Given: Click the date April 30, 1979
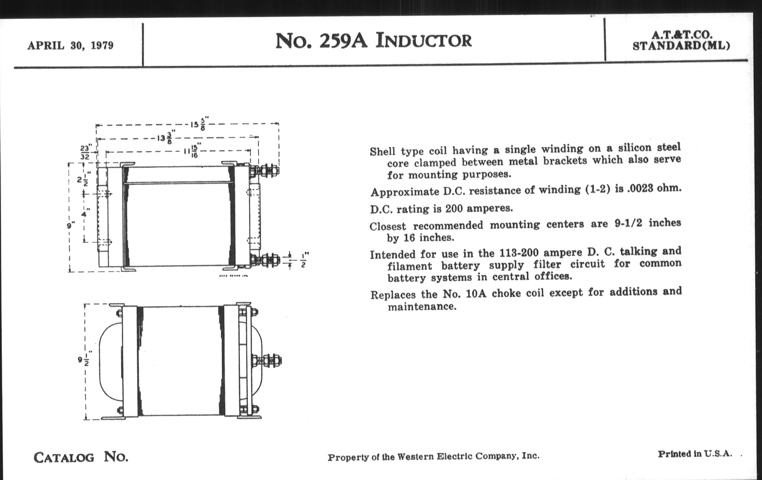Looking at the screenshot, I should (x=70, y=45).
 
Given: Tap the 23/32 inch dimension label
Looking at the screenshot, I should (x=85, y=152).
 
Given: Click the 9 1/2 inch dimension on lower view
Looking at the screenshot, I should (x=84, y=360).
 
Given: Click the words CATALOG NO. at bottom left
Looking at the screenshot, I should (x=81, y=457).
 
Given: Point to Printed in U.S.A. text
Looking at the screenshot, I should (x=695, y=454).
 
